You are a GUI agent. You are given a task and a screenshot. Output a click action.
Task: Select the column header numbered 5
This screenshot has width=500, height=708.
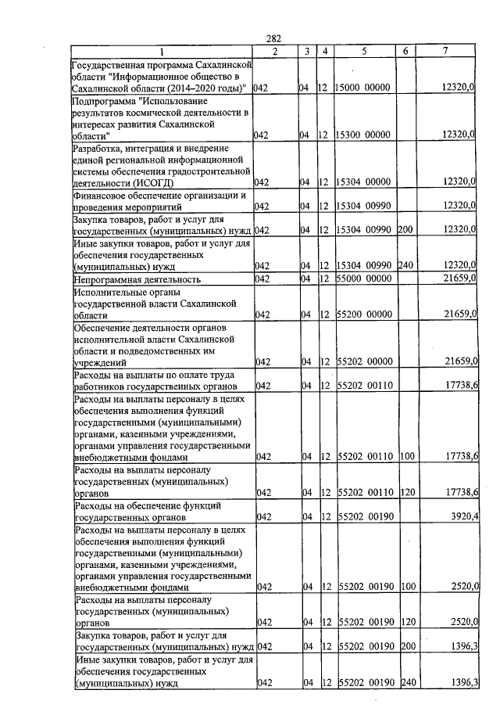tap(364, 51)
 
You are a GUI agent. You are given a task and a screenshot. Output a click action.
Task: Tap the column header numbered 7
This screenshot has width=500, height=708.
tap(445, 51)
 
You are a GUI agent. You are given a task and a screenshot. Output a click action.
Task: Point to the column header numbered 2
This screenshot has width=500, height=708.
tap(275, 51)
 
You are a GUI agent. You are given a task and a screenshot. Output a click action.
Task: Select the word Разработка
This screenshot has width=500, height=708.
tap(98, 148)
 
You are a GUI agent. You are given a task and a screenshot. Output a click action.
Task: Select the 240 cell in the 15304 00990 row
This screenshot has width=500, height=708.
tap(405, 266)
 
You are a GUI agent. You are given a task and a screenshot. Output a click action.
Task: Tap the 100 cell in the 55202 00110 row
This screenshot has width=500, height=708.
tap(405, 457)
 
